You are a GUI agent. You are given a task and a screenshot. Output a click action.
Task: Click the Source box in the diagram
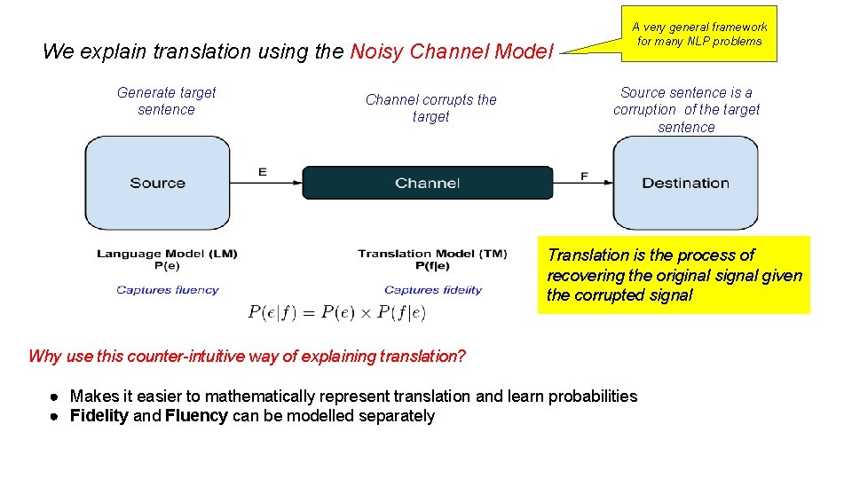click(157, 183)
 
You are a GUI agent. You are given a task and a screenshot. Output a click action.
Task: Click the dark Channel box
click(427, 183)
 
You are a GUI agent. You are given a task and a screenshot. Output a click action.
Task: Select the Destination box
click(685, 183)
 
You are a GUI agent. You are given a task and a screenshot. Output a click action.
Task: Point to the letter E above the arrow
click(262, 172)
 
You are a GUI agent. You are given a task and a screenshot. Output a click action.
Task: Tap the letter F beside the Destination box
click(584, 177)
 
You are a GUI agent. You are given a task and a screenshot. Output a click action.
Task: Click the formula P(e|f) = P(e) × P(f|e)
click(337, 312)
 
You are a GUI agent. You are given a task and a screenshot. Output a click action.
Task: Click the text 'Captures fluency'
click(167, 290)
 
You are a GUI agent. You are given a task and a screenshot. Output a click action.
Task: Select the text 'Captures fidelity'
click(433, 290)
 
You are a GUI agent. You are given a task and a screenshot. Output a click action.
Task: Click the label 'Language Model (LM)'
click(167, 254)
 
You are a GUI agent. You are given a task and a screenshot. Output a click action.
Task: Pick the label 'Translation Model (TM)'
click(432, 254)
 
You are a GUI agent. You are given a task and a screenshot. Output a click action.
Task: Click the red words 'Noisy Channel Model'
click(452, 51)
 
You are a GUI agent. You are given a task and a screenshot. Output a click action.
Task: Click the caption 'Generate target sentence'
click(166, 101)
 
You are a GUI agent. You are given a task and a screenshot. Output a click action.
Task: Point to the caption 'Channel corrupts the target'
click(431, 108)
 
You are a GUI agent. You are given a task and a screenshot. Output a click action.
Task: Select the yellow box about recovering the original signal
click(674, 275)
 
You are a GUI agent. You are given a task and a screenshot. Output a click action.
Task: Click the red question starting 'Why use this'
click(247, 357)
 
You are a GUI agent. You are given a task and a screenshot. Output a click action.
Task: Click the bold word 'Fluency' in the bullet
click(196, 416)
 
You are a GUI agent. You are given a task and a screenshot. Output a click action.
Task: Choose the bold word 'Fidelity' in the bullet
click(99, 416)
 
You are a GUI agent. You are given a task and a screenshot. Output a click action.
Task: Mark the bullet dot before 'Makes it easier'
click(55, 397)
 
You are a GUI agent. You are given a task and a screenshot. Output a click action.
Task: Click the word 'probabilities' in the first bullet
click(594, 396)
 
